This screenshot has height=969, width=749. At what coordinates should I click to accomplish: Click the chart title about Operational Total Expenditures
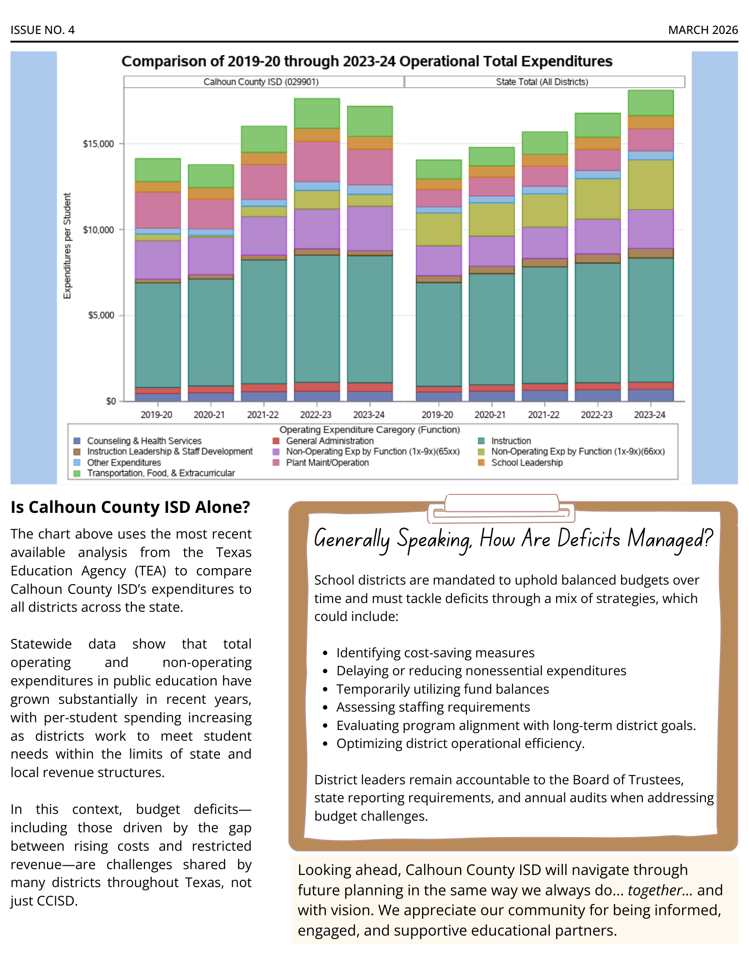click(367, 62)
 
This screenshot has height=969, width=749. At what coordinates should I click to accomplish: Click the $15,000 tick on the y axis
click(98, 144)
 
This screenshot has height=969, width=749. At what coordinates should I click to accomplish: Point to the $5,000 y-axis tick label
click(101, 316)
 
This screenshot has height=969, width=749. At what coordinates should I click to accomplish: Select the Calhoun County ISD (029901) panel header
click(261, 82)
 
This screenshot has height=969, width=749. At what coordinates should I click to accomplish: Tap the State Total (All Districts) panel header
click(542, 82)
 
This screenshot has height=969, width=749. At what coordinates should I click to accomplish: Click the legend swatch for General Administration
click(276, 441)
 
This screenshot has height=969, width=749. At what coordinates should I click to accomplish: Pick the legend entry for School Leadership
click(526, 463)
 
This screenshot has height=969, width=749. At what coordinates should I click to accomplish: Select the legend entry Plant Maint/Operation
click(327, 463)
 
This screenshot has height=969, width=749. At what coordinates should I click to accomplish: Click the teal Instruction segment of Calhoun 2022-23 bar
click(317, 318)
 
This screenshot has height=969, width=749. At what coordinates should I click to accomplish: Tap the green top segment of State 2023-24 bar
click(651, 103)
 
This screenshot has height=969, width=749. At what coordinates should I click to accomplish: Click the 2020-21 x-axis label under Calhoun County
click(209, 415)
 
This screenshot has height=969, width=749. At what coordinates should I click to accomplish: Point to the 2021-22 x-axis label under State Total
click(543, 415)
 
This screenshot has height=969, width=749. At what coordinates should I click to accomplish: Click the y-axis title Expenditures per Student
click(67, 246)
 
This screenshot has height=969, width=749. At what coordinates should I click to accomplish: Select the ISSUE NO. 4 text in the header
click(43, 30)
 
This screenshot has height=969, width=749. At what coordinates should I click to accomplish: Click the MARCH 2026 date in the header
click(702, 30)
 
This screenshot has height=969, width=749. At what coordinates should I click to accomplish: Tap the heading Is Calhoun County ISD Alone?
click(130, 507)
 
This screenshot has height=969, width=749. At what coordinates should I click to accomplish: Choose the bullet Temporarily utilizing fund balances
click(442, 689)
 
